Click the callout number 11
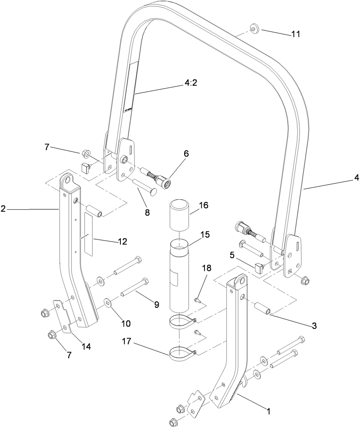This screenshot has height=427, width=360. pyautogui.click(x=295, y=34)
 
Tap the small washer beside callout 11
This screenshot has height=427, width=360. pyautogui.click(x=254, y=28)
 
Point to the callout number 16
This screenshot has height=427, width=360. pyautogui.click(x=203, y=206)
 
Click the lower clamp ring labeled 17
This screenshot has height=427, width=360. pyautogui.click(x=181, y=354)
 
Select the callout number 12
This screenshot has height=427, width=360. pyautogui.click(x=122, y=241)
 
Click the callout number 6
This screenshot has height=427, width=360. pyautogui.click(x=186, y=153)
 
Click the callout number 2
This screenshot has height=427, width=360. pyautogui.click(x=3, y=209)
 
